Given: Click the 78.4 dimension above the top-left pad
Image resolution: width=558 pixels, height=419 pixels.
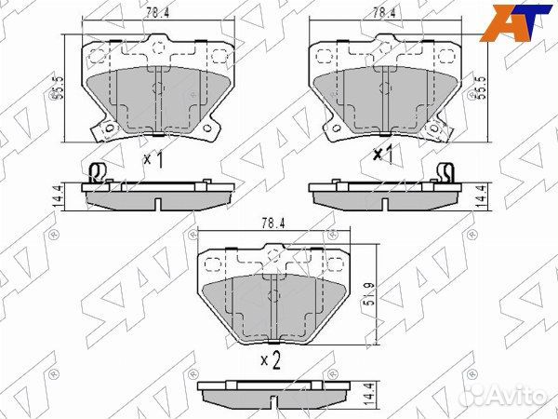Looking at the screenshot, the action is pyautogui.click(x=157, y=13).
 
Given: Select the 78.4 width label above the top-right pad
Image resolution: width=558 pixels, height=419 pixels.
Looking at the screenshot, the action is pyautogui.click(x=384, y=13).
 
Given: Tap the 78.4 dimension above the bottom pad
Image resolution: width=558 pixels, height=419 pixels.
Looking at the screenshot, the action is pyautogui.click(x=272, y=223).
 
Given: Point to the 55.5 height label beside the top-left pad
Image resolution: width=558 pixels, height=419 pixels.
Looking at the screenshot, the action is pyautogui.click(x=58, y=88).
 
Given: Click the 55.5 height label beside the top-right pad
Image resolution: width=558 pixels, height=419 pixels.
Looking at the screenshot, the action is pyautogui.click(x=481, y=88).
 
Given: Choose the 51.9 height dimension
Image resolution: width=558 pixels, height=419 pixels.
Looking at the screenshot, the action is pyautogui.click(x=370, y=294).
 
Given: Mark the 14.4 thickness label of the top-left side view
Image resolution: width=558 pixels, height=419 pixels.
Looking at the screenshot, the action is pyautogui.click(x=57, y=196).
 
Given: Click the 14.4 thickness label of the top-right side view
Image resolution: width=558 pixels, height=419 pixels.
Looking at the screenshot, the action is pyautogui.click(x=483, y=196).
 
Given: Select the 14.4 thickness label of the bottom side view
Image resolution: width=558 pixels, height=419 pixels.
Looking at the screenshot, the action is pyautogui.click(x=370, y=394).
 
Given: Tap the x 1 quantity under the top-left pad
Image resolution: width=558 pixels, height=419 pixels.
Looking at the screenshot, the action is pyautogui.click(x=153, y=159).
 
